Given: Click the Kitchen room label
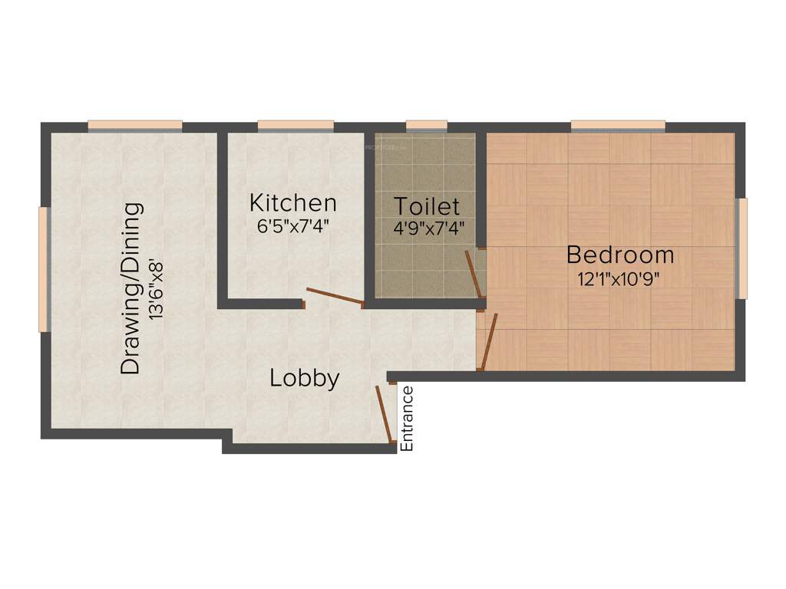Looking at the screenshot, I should pos(293,203).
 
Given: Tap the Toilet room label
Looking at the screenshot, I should pos(427,206).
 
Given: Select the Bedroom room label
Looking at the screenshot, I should pos(620,255).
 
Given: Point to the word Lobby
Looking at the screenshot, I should pos(305,378).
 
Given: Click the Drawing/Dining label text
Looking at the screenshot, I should pos(132,288).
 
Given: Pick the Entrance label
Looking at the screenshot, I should pos(408,419).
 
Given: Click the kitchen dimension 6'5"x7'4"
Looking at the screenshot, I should pos(293,226).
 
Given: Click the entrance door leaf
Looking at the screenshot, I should pos(385,414).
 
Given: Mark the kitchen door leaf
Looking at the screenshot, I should pos(334,296).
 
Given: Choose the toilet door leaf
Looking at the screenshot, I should pos(474,274).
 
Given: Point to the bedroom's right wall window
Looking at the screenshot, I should pos(741,248).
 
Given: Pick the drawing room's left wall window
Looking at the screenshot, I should pos(45,269).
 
